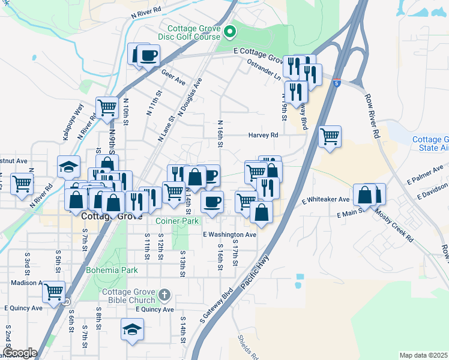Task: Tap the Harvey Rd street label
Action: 264,136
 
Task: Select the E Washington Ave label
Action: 230,235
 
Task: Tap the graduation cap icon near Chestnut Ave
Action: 69,166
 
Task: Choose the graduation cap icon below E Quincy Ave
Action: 133,329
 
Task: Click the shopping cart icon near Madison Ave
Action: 54,292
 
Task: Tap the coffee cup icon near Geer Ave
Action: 149,55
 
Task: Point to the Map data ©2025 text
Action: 424,355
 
